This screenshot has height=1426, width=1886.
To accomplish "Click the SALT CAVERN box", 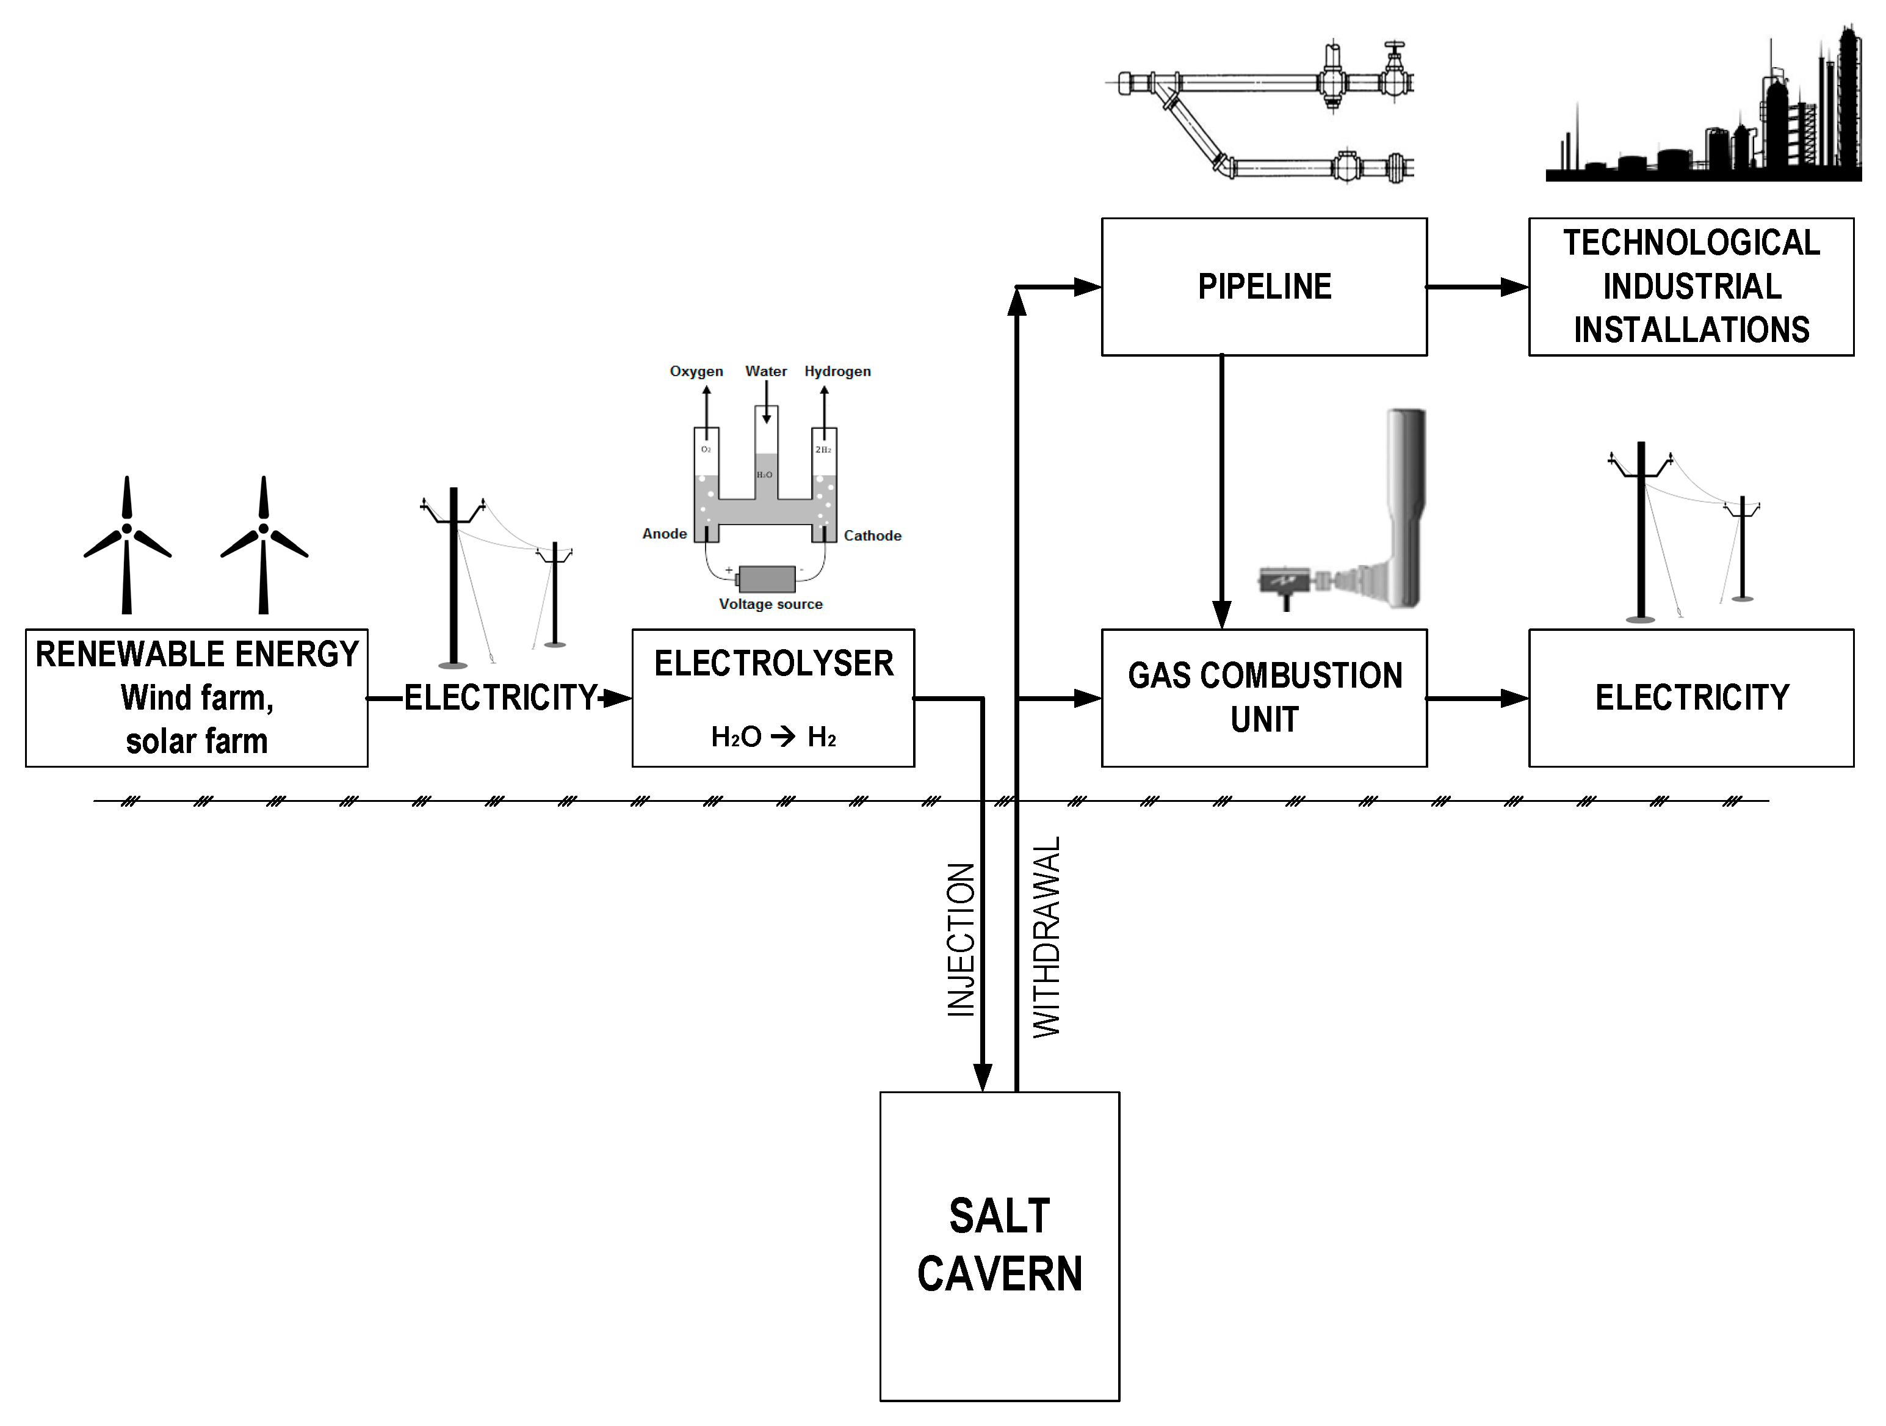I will coord(999,1245).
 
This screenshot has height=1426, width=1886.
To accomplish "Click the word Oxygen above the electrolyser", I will coord(696,371).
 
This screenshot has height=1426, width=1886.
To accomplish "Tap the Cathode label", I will coord(872,536).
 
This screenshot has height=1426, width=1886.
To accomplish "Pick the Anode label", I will coord(664,534).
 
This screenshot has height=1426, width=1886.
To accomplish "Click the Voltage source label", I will coord(771,604).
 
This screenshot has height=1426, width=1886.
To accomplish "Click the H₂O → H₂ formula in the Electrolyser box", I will coord(773,736).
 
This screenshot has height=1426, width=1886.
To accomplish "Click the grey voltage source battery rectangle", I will coord(767,579).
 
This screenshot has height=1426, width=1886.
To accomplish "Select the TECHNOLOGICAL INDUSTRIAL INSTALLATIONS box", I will coord(1691,286).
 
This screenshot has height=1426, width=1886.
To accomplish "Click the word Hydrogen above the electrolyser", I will coord(837,371).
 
